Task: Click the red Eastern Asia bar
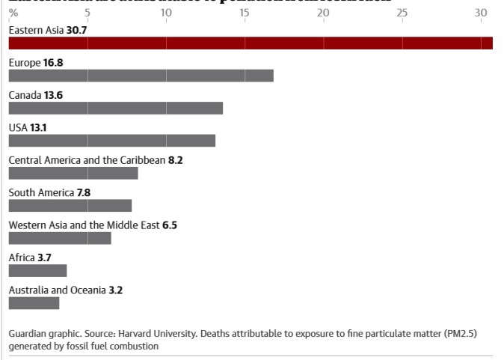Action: (x=251, y=43)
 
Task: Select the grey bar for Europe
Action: (x=141, y=75)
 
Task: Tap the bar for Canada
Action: (x=115, y=108)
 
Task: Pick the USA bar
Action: (x=111, y=140)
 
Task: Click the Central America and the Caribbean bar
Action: (x=73, y=173)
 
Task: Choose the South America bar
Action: (x=70, y=205)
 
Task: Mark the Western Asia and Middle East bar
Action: (x=60, y=238)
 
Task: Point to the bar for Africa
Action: (x=37, y=270)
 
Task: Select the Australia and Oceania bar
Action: (x=34, y=303)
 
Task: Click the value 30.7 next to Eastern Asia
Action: (x=77, y=30)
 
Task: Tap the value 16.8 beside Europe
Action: (x=53, y=63)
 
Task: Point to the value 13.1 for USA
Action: (x=38, y=128)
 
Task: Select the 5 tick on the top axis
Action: (x=87, y=13)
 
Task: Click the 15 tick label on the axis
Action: (x=244, y=13)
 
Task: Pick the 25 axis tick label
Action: (x=402, y=13)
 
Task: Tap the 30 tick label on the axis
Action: (x=480, y=13)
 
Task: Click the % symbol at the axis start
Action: (x=13, y=13)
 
